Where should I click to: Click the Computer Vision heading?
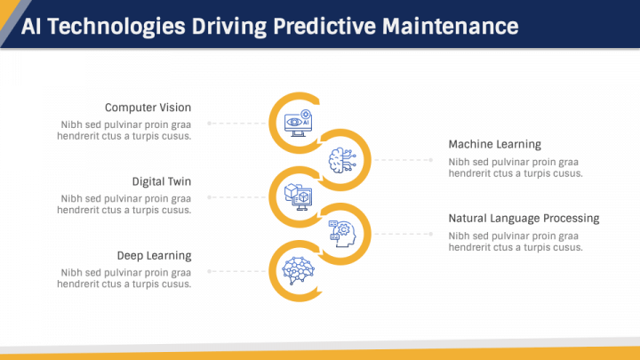[x=148, y=108]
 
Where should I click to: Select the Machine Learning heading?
[x=494, y=144]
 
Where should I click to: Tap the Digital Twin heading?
[x=162, y=181]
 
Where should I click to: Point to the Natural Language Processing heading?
[x=524, y=218]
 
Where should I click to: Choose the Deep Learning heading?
[x=154, y=255]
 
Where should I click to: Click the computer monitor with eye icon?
[x=296, y=123]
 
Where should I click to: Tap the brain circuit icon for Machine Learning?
[x=343, y=160]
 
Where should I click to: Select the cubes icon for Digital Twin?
[x=296, y=196]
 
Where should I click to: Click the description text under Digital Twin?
[x=124, y=204]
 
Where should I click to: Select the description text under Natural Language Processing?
[x=516, y=241]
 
